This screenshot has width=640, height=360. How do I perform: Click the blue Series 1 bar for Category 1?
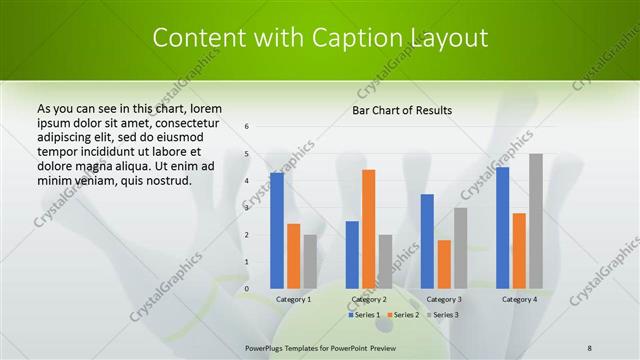(277, 231)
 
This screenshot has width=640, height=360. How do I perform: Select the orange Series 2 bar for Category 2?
(368, 229)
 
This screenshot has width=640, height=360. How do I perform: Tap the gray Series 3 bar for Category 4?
(536, 221)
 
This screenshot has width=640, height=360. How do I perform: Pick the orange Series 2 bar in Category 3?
(444, 264)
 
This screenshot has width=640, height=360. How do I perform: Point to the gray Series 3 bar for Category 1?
(310, 262)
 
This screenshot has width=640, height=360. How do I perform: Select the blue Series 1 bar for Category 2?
(352, 255)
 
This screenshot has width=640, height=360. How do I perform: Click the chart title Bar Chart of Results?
(402, 110)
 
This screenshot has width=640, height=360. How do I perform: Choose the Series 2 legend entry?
(403, 315)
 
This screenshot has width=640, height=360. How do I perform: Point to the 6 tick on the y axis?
(247, 127)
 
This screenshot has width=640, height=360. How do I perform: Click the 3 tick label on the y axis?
(247, 208)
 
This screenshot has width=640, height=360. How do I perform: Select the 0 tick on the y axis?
(247, 289)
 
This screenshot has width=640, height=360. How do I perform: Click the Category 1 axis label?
(294, 299)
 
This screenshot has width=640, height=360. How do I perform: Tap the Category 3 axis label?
(444, 299)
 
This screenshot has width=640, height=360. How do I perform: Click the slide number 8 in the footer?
(590, 347)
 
